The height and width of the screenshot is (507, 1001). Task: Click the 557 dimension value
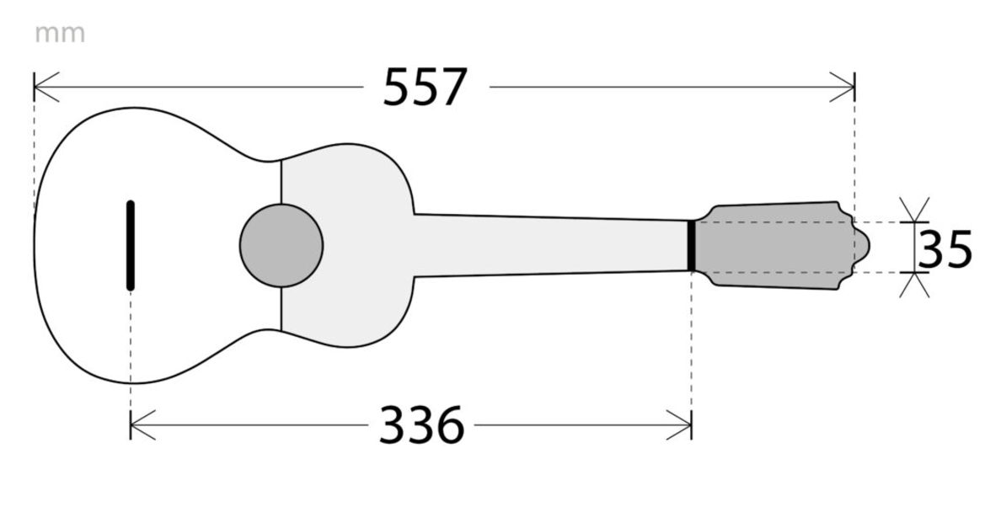point(425,88)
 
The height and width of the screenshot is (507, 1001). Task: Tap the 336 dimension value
point(421,425)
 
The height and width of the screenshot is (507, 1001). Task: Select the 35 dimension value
point(945,248)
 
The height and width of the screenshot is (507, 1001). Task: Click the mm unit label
point(60,34)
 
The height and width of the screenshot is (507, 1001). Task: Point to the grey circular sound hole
point(281,246)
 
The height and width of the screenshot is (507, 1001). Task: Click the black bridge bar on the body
point(131,246)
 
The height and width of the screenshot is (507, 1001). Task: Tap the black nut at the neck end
point(692,246)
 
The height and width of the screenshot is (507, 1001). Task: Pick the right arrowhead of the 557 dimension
point(842,88)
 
